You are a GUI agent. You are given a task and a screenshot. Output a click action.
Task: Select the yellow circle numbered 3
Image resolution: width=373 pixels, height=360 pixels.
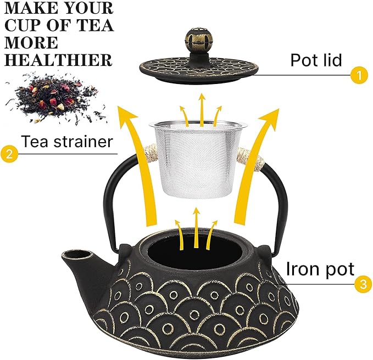[361, 284]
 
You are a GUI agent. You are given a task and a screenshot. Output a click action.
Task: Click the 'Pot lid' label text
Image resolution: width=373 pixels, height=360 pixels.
[316, 60]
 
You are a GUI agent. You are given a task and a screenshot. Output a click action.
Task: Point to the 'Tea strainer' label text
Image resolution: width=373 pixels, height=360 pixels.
[66, 142]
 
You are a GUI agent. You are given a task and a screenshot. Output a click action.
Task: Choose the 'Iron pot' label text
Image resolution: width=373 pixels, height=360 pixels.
[320, 268]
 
